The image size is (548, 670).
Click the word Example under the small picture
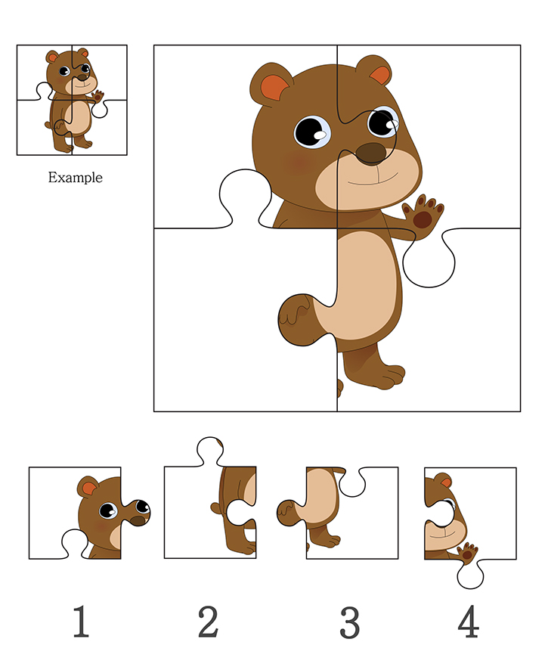75,177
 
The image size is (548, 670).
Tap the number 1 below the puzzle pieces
81,622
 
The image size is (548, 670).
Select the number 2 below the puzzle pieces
208,622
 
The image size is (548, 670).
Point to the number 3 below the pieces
350,622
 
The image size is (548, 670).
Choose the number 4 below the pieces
468,622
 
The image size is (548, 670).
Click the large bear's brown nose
371,154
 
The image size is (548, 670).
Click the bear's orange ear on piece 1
88,486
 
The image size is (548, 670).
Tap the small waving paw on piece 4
467,553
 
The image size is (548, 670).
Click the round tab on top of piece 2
210,451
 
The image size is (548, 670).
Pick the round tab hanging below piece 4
470,574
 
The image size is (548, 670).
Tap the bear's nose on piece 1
138,521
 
